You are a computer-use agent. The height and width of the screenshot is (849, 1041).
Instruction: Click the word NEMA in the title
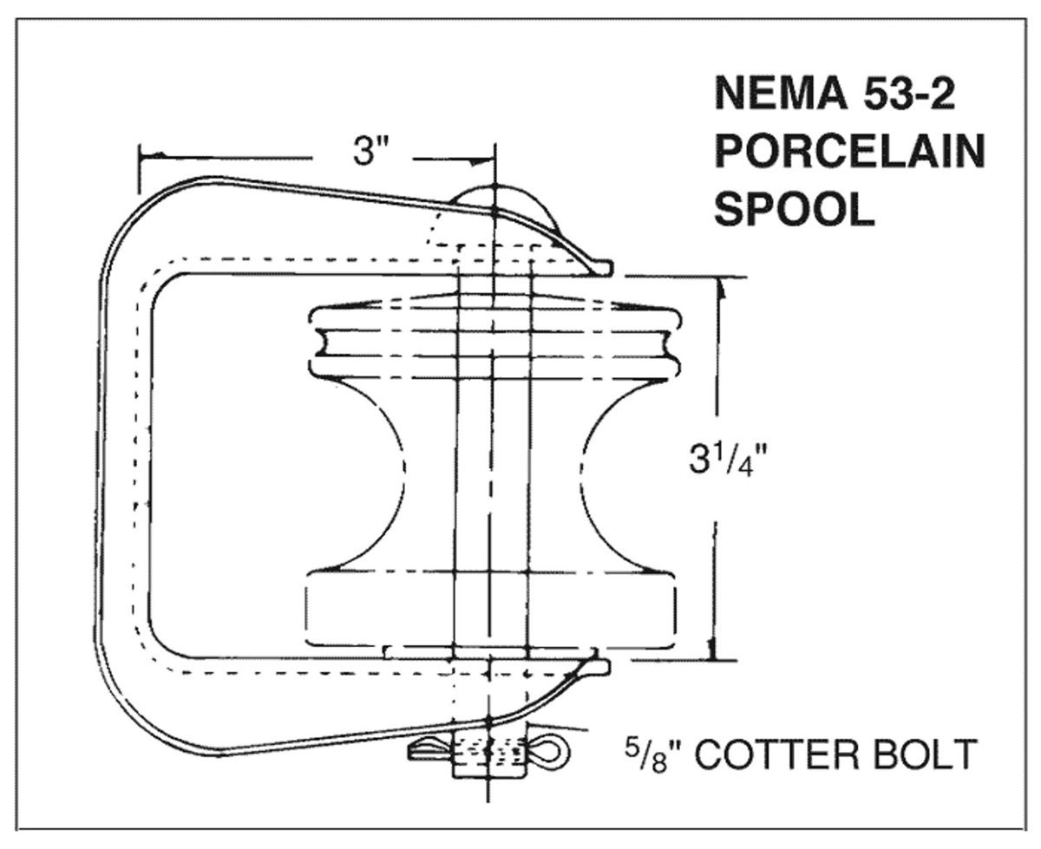[x=781, y=94]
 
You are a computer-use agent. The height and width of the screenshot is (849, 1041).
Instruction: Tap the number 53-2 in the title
[x=909, y=94]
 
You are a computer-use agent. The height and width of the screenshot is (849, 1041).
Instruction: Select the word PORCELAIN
[x=849, y=152]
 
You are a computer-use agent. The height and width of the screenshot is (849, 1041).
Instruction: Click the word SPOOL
[x=795, y=209]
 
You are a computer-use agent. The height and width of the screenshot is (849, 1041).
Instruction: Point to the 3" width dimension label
[x=364, y=151]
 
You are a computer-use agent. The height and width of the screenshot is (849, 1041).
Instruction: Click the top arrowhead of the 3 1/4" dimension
[x=722, y=290]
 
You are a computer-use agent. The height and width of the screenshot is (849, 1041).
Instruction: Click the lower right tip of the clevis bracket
[x=599, y=668]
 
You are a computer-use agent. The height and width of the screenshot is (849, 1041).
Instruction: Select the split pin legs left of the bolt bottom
[x=430, y=751]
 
